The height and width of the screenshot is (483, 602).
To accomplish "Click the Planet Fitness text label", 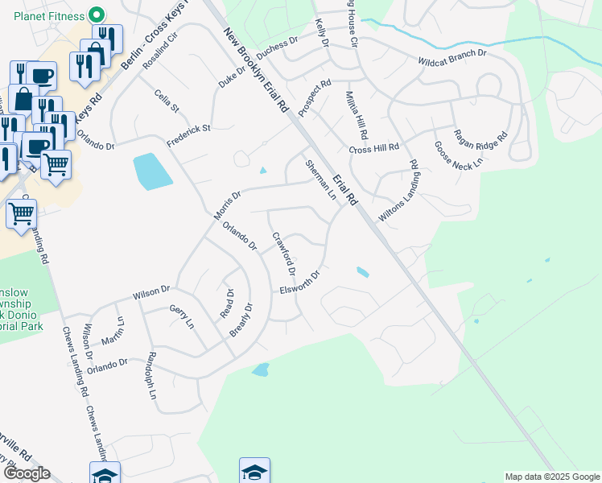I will pos(43,16).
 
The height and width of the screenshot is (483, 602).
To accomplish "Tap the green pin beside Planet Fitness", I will pos(97,15).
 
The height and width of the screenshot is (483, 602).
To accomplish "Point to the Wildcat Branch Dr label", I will pos(452,57).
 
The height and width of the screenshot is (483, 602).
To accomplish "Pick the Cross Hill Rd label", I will pos(374,149).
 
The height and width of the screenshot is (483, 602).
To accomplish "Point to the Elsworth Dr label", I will pos(300,283).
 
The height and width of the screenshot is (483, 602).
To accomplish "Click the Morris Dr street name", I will pos(228,204).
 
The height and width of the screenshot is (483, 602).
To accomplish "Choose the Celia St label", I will pos(167,102).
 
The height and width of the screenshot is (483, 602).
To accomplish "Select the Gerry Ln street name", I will pos(182,316).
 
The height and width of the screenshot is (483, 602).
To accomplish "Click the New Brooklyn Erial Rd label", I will pos(254,69).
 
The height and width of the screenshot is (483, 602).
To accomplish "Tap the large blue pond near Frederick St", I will pos(151,171).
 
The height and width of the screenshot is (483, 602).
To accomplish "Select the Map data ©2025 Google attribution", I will pos(551,477).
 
